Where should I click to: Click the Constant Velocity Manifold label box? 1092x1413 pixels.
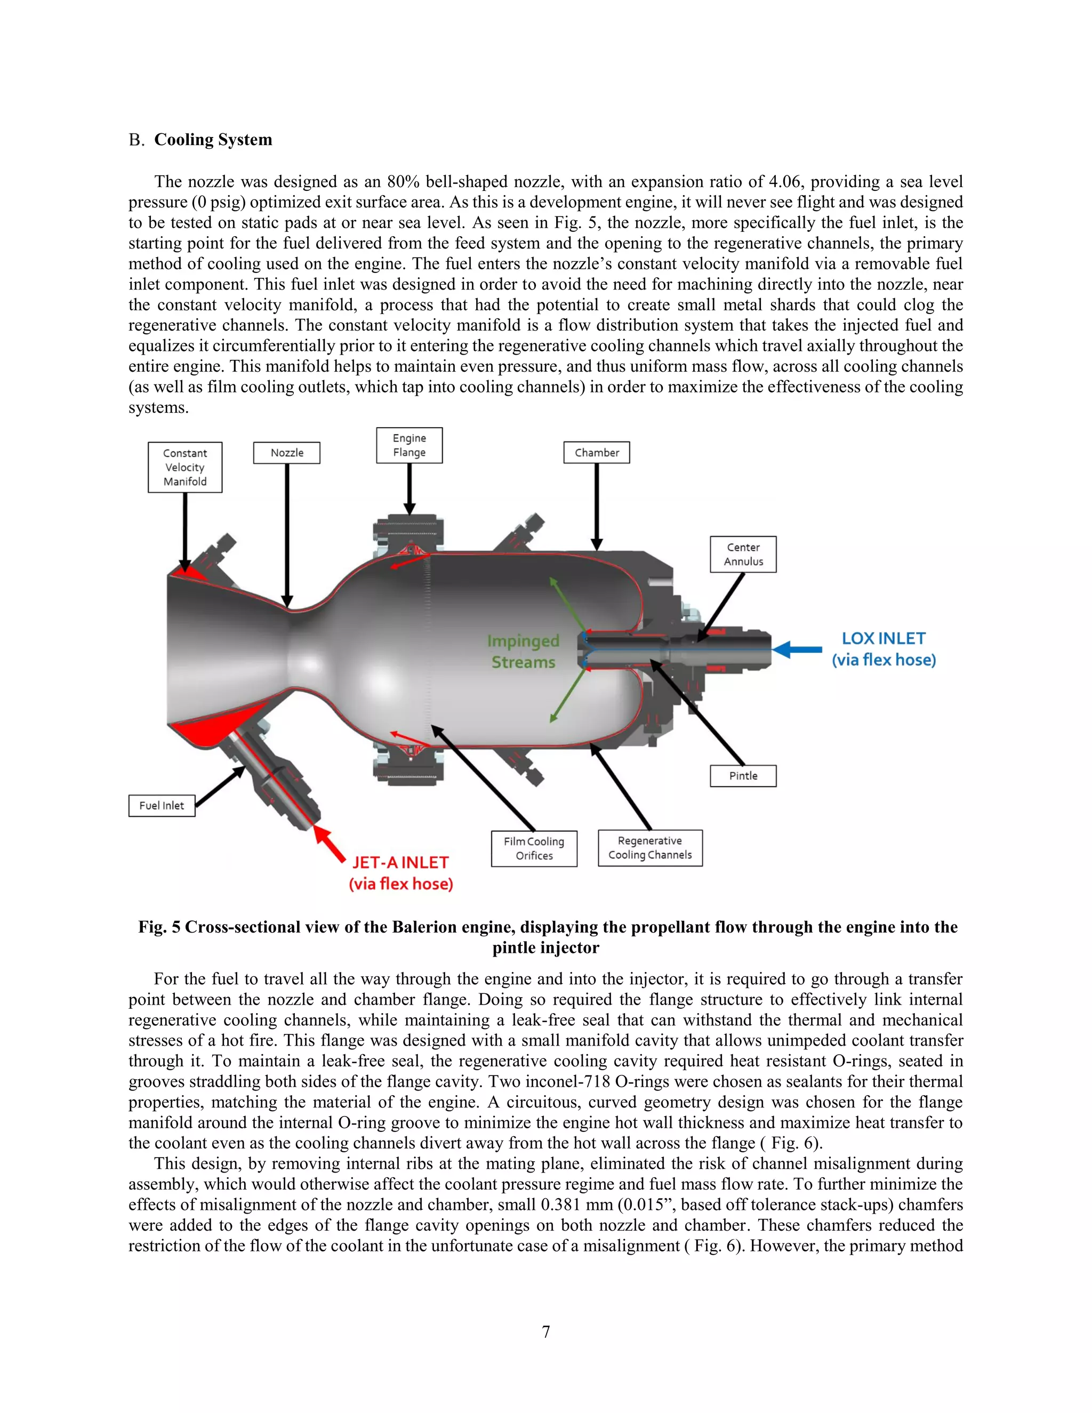[x=185, y=467]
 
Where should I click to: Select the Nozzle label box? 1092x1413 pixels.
[x=286, y=453]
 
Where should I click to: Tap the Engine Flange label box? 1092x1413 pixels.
[x=409, y=445]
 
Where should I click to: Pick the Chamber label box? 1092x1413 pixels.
[x=597, y=453]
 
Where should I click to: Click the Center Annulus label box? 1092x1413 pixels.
[x=743, y=555]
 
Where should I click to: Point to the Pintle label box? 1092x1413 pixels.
[x=743, y=776]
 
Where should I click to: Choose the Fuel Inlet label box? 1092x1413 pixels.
[x=162, y=806]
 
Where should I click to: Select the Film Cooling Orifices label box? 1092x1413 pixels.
[x=534, y=848]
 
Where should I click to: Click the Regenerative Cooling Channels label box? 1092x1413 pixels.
[x=650, y=848]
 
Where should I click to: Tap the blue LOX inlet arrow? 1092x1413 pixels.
[x=797, y=649]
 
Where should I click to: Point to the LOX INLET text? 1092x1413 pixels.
[x=883, y=639]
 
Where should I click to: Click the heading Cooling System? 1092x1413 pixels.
[x=213, y=140]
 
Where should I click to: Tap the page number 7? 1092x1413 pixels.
[x=546, y=1331]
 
